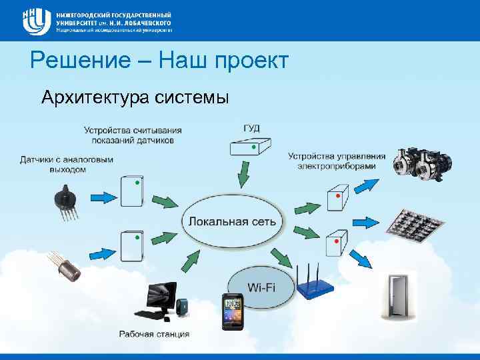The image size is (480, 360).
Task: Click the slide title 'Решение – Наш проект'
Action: point(159,61)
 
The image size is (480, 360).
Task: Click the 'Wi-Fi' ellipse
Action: point(261,287)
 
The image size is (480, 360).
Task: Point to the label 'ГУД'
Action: point(252,127)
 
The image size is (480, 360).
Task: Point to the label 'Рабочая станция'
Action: point(155,334)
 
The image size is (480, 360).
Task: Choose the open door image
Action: point(398,297)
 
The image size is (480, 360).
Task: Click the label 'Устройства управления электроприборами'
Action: point(337,161)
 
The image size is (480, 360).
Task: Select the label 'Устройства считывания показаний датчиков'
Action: point(133,135)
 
